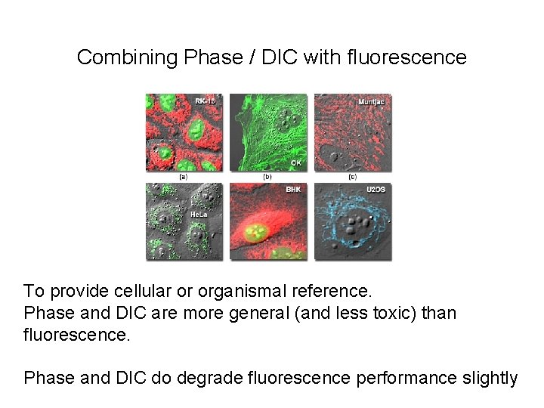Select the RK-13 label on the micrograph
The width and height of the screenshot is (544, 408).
pos(205,100)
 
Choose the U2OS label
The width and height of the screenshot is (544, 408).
pos(376,190)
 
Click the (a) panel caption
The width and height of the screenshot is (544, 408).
pos(182,177)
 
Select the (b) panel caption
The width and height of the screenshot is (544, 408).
pos(267,177)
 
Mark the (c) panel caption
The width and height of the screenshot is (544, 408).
pos(353,177)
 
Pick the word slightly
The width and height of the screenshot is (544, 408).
pos(490,378)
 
